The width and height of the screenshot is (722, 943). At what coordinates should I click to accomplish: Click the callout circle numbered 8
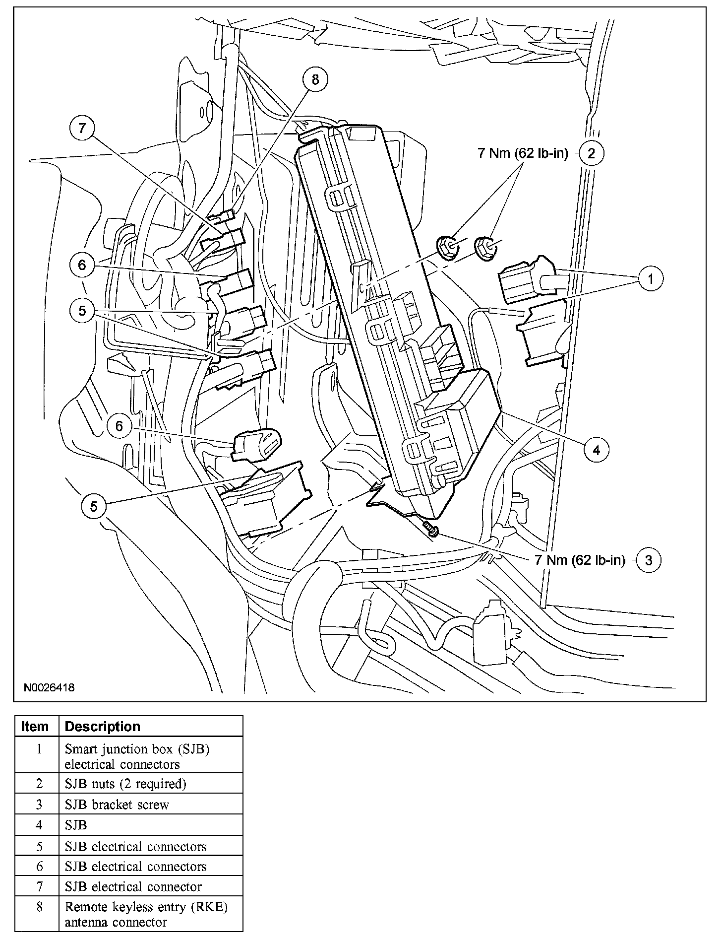click(316, 79)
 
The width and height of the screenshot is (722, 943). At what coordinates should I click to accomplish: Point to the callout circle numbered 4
click(596, 450)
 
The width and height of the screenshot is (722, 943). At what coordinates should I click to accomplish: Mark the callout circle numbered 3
click(649, 560)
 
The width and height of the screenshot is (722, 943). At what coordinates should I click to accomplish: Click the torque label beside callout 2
click(523, 153)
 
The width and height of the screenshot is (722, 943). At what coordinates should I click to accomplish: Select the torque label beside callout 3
click(580, 560)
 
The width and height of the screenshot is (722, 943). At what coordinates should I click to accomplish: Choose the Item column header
click(35, 727)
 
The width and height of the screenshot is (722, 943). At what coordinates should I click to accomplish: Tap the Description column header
click(103, 727)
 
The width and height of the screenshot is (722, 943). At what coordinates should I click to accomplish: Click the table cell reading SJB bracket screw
click(117, 804)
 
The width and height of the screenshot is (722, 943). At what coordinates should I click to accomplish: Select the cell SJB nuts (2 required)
click(125, 784)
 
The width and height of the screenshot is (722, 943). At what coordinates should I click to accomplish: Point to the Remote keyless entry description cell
click(146, 914)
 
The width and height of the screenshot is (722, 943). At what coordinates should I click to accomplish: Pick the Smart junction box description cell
click(137, 756)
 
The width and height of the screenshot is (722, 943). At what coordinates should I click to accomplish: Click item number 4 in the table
click(39, 825)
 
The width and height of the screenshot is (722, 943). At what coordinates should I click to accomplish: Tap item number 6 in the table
click(39, 867)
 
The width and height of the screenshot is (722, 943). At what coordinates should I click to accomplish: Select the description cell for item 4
click(76, 825)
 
